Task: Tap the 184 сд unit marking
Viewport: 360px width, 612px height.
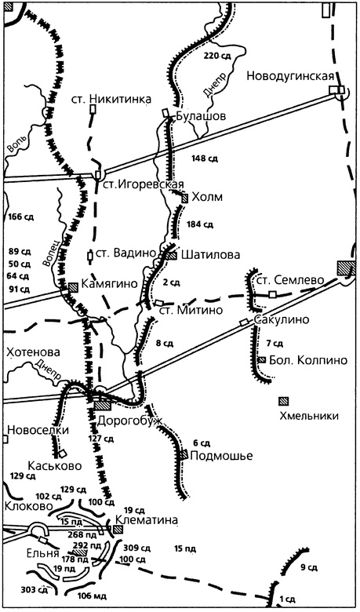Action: click(201, 224)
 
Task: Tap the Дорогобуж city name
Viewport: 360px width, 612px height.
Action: click(130, 421)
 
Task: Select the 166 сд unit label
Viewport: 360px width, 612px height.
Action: click(19, 217)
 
